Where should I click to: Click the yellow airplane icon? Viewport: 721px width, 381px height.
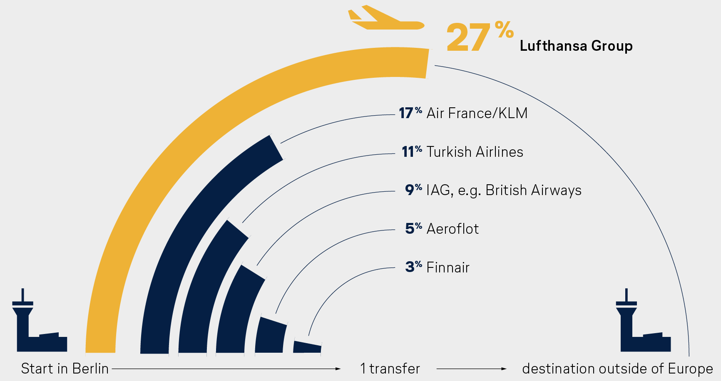(x=385, y=19)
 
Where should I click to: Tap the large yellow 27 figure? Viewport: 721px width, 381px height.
(x=468, y=38)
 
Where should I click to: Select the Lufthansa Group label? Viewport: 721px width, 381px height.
(x=576, y=46)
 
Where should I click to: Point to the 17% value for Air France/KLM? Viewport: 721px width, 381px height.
(x=410, y=113)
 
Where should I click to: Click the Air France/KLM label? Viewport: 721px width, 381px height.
(x=477, y=113)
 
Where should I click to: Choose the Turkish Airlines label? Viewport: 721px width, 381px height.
(x=475, y=152)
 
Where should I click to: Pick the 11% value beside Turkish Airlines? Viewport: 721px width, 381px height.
(x=411, y=152)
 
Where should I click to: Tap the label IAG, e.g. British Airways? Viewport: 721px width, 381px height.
(x=504, y=190)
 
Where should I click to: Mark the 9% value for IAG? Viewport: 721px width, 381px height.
(x=413, y=190)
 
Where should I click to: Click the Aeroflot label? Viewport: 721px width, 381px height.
(x=452, y=229)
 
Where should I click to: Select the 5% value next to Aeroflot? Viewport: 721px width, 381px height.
(x=413, y=229)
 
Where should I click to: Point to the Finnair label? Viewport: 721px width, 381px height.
(x=448, y=267)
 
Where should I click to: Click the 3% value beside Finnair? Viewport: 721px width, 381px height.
(x=413, y=267)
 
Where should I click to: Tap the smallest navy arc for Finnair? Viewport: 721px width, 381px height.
(x=307, y=347)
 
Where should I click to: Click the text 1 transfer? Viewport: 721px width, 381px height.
(x=390, y=369)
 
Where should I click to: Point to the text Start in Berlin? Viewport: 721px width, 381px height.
(x=65, y=369)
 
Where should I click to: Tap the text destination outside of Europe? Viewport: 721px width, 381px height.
(x=617, y=369)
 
